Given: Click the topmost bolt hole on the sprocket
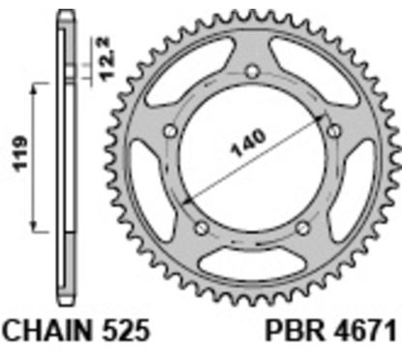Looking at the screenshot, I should (x=252, y=70).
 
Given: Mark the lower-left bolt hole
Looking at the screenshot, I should (x=201, y=228).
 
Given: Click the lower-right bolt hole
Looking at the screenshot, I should (x=303, y=228).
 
